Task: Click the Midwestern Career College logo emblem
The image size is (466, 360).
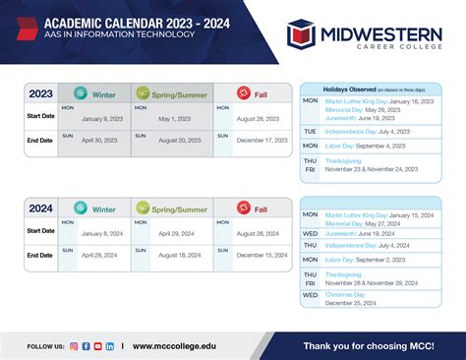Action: click(301, 34)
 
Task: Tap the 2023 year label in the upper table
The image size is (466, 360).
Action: click(40, 94)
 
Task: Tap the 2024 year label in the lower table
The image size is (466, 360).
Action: click(40, 208)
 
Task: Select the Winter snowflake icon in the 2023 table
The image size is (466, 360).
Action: click(81, 94)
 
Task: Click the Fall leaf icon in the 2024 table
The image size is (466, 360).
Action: click(244, 208)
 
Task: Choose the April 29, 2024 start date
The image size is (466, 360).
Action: click(176, 233)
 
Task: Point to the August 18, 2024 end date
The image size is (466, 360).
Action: click(176, 255)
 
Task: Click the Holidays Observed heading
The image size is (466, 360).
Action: click(347, 88)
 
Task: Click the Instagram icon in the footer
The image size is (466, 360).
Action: click(74, 346)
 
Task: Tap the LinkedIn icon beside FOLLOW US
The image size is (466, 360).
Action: click(109, 346)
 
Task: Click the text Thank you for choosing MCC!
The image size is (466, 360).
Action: click(369, 345)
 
